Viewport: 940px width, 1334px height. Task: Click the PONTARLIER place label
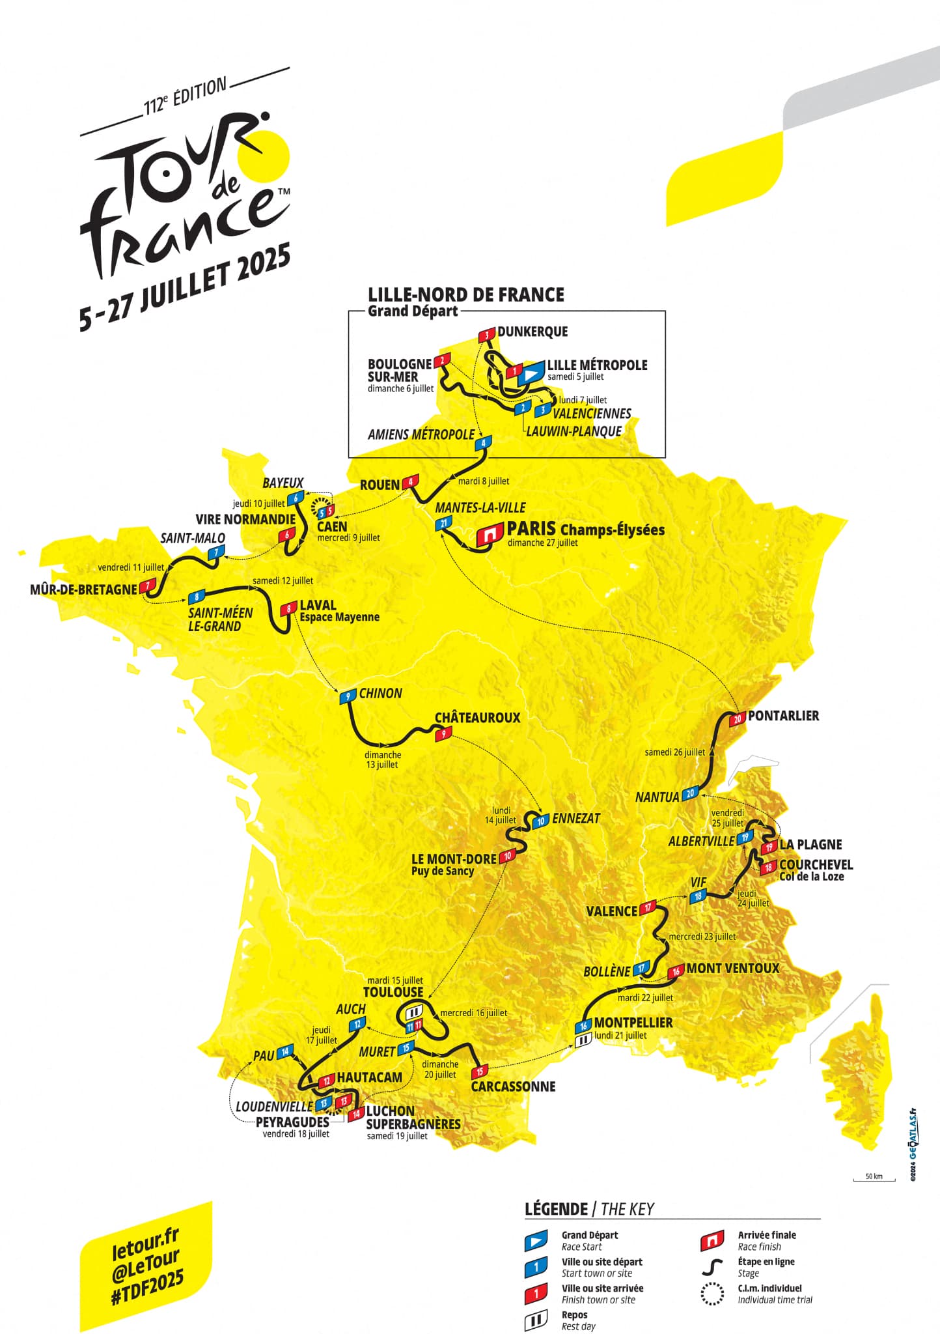(783, 716)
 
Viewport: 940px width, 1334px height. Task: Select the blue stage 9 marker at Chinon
(348, 696)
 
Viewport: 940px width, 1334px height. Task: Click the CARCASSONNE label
(513, 1086)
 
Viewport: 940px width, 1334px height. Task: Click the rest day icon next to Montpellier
(583, 1041)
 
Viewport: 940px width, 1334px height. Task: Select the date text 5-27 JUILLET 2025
(185, 287)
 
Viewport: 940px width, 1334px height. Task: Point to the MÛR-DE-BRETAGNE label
(83, 589)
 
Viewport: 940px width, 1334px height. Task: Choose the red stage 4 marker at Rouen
(410, 483)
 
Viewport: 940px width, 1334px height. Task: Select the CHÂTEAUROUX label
(477, 718)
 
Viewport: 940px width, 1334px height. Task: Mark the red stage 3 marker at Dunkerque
(486, 335)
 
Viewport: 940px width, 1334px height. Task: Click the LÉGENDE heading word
(556, 1210)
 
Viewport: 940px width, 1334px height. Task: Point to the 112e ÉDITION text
(185, 96)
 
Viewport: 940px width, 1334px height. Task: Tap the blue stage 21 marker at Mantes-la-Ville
(443, 523)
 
